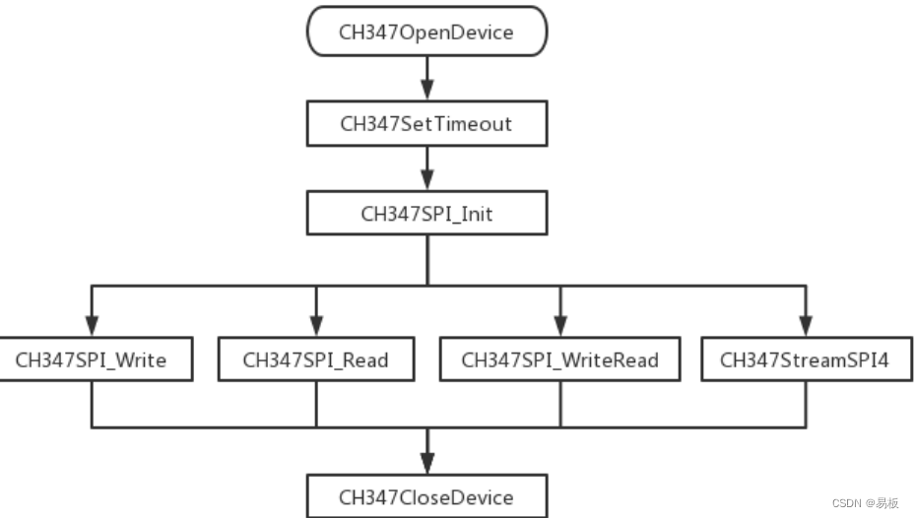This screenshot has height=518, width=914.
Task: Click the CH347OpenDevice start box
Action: (426, 32)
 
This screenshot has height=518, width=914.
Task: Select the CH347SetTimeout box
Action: (426, 124)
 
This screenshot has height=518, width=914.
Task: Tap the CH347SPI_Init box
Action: (426, 214)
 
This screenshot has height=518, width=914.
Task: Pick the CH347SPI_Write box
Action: (91, 359)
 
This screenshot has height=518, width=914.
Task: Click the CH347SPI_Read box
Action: (315, 359)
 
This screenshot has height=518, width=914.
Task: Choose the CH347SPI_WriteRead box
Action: (559, 359)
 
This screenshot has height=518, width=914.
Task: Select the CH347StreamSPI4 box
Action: (805, 359)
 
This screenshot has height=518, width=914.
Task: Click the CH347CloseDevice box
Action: (426, 496)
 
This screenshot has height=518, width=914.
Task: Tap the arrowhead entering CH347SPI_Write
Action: (91, 326)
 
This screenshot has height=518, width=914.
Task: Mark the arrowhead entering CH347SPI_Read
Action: (316, 326)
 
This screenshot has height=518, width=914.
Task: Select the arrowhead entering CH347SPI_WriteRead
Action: (559, 326)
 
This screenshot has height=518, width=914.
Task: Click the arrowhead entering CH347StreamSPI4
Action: (805, 326)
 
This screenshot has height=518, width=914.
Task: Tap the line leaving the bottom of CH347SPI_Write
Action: (91, 404)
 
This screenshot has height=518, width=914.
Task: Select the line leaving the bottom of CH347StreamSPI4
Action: (805, 404)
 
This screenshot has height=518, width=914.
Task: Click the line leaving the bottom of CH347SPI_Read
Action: (316, 404)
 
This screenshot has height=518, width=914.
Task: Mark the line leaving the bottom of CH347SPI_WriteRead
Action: (559, 404)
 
